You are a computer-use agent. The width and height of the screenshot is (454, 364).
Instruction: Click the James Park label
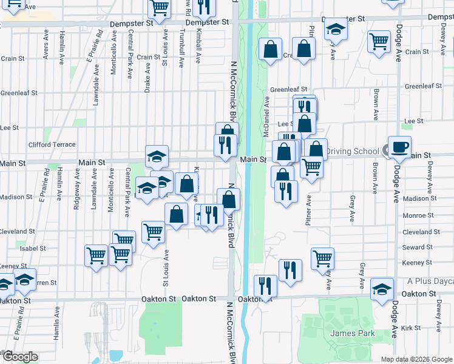353,333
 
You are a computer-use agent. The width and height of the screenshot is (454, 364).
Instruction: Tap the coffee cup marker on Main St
399,147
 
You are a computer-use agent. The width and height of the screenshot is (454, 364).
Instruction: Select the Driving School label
352,151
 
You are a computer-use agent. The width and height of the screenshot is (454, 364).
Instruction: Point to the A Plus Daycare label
430,281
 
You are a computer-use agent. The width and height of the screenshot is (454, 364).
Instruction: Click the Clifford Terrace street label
52,145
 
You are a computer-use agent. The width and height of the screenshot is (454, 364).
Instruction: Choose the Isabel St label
33,248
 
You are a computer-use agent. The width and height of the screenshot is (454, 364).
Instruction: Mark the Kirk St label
411,328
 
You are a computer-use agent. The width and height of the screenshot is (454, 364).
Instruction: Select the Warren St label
45,283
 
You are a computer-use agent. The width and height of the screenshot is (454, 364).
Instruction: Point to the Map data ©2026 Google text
416,359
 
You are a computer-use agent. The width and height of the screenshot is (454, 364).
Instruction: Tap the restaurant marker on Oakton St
265,285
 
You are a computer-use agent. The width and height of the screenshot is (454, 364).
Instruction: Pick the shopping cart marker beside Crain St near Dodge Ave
379,42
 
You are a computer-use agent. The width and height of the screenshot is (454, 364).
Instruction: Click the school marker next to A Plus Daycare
382,289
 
